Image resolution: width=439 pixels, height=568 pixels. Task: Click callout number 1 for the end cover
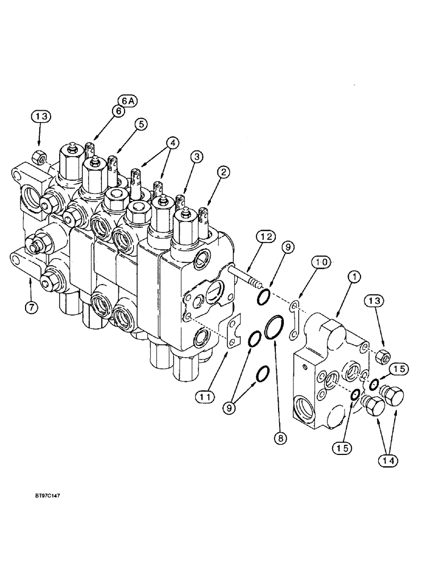(354, 277)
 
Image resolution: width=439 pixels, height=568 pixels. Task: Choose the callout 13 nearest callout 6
(41, 116)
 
